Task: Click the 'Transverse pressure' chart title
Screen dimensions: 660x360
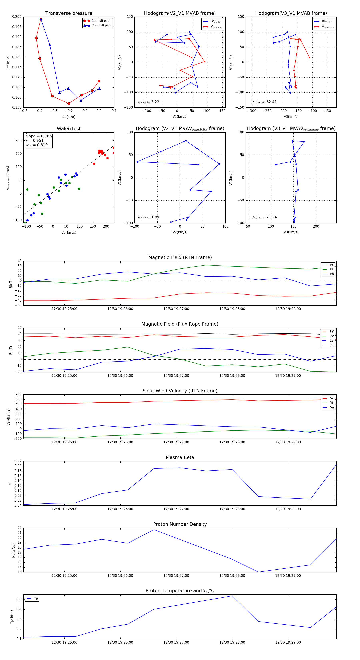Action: click(x=69, y=13)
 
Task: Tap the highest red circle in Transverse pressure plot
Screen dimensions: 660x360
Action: click(x=41, y=19)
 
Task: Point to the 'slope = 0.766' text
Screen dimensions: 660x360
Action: click(x=38, y=136)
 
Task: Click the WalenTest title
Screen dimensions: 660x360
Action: click(x=69, y=129)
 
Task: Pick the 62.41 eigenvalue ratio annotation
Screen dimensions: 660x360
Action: click(x=271, y=102)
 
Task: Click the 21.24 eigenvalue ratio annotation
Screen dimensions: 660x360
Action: click(x=271, y=217)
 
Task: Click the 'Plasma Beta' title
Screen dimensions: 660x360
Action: click(x=180, y=457)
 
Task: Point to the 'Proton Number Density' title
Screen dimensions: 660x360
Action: click(x=180, y=524)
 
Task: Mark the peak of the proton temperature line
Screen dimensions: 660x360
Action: click(x=232, y=596)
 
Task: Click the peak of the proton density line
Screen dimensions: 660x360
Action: click(x=154, y=530)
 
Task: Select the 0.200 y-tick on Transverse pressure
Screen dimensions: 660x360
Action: click(x=17, y=17)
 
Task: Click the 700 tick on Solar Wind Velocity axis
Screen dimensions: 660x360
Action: click(x=18, y=394)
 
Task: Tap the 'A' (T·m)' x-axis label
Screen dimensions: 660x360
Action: click(x=69, y=117)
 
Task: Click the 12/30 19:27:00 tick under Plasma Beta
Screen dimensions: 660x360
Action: click(x=176, y=509)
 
